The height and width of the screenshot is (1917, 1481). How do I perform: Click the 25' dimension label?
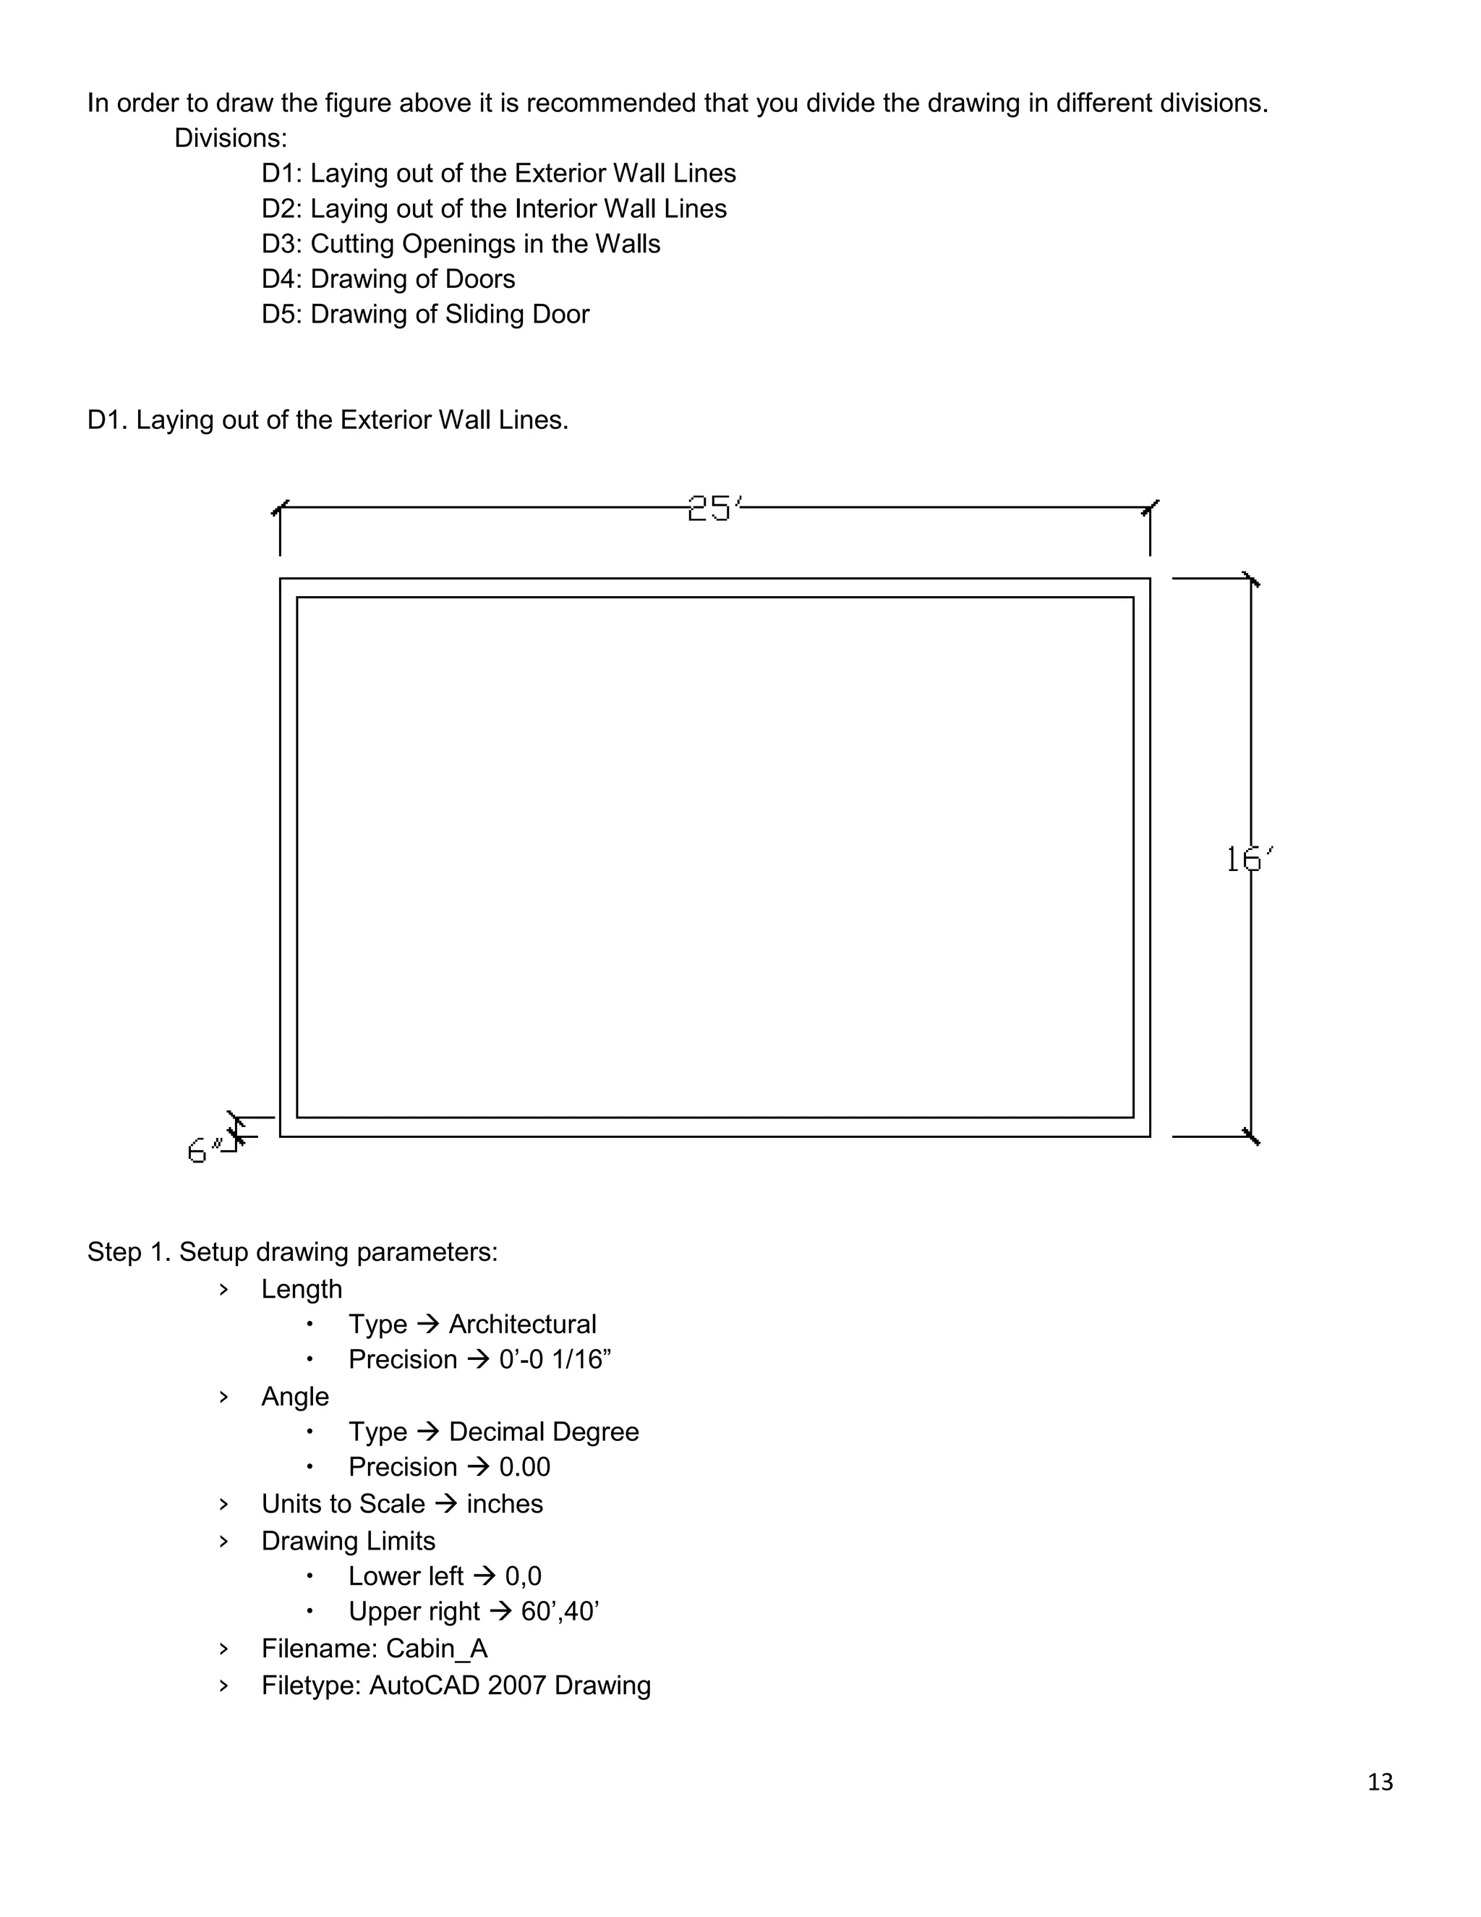pos(713,509)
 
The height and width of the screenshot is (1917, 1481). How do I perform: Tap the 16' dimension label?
pos(1248,859)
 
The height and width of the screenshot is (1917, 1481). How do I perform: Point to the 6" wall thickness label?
pos(202,1150)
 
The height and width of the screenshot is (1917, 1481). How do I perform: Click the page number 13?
pos(1380,1782)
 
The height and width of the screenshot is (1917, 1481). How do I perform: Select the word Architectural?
pos(522,1324)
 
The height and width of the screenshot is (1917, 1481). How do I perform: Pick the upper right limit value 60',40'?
pos(560,1612)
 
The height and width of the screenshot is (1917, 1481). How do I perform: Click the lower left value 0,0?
pos(523,1576)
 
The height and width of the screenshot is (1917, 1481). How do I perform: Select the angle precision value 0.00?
pos(525,1467)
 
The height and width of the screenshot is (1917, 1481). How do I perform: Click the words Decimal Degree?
pos(543,1432)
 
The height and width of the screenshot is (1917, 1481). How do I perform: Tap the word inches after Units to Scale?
pos(505,1504)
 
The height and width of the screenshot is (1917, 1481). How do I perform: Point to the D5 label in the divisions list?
pos(281,314)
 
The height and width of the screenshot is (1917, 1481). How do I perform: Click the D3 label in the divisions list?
pos(281,244)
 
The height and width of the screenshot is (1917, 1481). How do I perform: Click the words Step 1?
pos(129,1251)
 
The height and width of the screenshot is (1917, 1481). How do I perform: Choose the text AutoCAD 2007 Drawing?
pos(510,1686)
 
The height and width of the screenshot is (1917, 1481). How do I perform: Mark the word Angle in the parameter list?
pos(295,1396)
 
